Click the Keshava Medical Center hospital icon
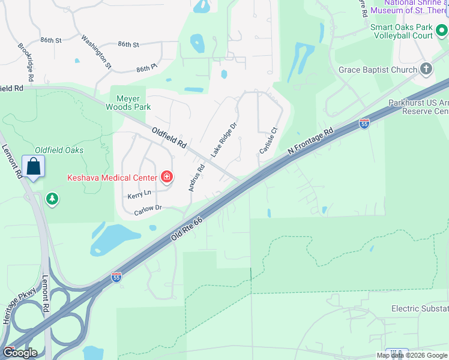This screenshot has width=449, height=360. tap(166, 177)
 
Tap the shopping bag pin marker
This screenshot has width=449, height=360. tap(33, 166)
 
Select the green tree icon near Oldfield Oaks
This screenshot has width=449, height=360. tap(53, 198)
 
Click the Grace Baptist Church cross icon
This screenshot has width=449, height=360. tap(426, 69)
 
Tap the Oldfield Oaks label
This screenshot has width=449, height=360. tap(59, 150)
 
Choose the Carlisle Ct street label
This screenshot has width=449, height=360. tap(269, 140)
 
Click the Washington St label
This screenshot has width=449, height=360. tap(97, 51)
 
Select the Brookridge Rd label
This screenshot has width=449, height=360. tap(26, 62)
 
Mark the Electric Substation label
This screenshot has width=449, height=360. tap(420, 309)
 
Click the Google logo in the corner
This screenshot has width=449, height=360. tap(20, 353)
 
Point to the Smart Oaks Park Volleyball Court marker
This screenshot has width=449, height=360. tap(442, 29)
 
